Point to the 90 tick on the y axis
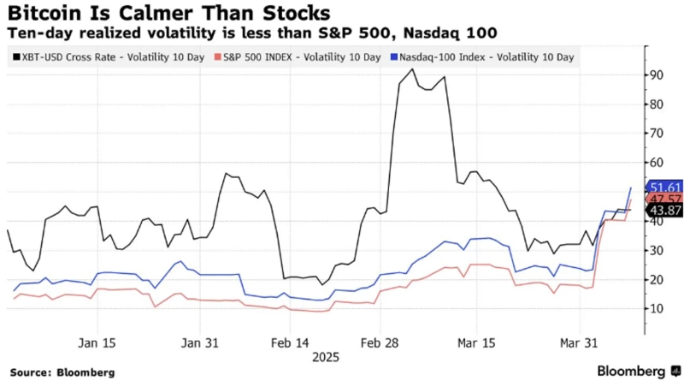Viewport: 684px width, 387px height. [655, 75]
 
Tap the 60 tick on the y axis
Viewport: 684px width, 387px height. [655, 163]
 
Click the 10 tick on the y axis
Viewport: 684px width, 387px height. [655, 308]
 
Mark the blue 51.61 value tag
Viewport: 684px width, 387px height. [664, 188]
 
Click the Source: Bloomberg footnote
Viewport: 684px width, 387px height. [62, 373]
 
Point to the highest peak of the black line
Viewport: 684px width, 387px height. [414, 69]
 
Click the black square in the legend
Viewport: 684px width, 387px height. [17, 57]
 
